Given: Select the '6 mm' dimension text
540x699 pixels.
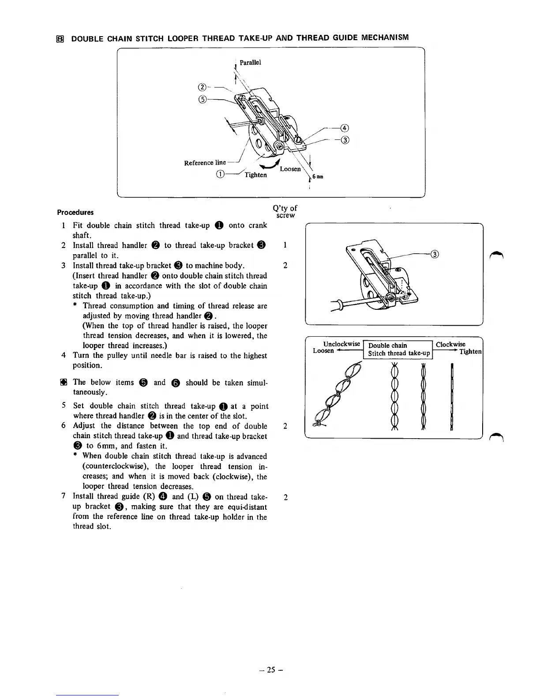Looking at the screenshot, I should [x=318, y=177].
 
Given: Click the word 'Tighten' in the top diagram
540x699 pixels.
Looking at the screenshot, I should [x=255, y=175].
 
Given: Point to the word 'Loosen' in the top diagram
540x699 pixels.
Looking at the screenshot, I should [x=290, y=169].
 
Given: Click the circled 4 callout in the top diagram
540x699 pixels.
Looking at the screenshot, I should [x=345, y=128].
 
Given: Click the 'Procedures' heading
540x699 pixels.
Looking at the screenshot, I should [x=75, y=212].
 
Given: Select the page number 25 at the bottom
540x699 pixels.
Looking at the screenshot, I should [x=270, y=669].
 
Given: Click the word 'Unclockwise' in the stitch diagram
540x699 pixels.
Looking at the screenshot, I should [x=341, y=344].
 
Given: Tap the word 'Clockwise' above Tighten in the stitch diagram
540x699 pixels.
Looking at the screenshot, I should [x=450, y=344].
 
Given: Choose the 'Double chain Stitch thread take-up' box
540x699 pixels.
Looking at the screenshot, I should [x=398, y=349].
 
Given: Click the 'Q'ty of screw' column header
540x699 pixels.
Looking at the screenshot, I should [x=285, y=211].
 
